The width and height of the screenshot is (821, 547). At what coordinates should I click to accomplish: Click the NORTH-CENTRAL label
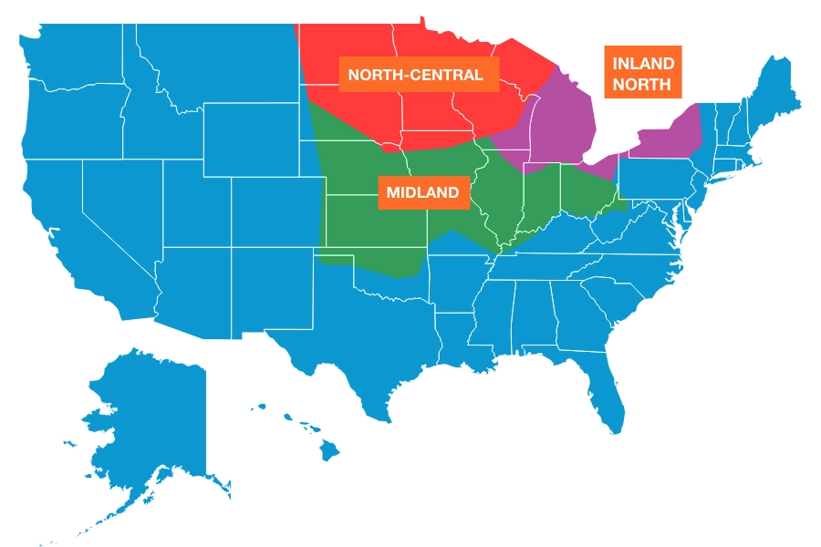tap(415, 74)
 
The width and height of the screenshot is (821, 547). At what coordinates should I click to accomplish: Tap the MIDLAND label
tap(422, 192)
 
